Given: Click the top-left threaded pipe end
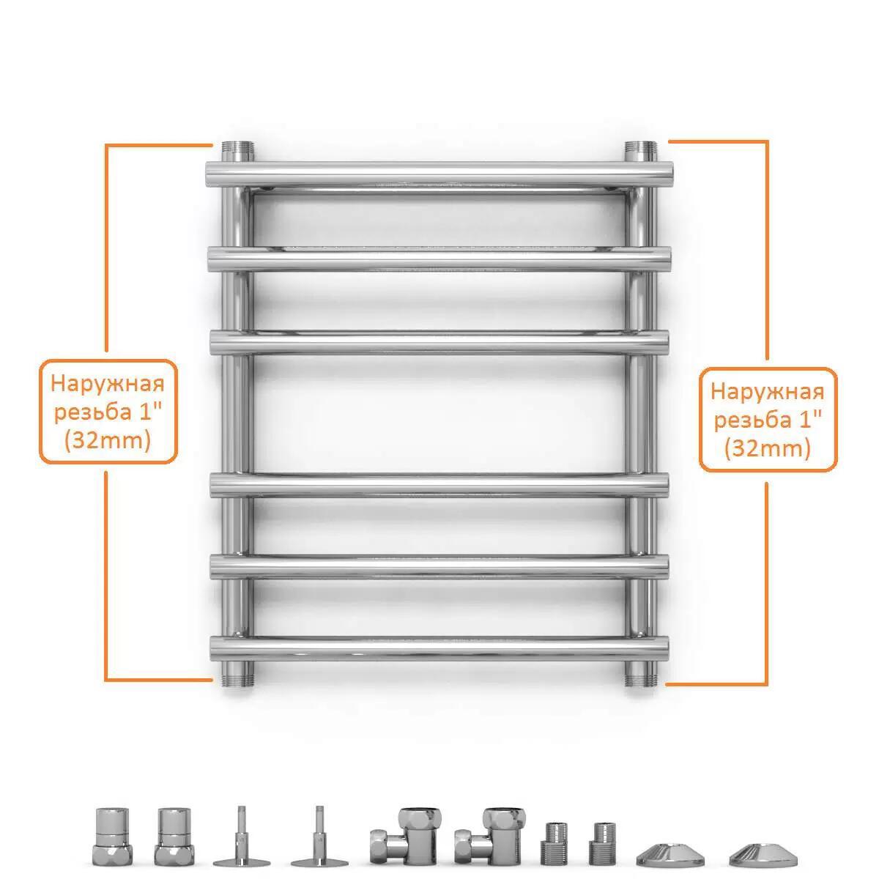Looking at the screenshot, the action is [x=237, y=151].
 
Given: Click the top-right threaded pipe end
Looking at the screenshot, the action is [x=640, y=151].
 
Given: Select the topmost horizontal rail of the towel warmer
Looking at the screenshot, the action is [x=439, y=174].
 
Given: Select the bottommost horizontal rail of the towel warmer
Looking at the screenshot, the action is [x=439, y=649].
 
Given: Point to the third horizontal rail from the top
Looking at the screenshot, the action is [x=439, y=343].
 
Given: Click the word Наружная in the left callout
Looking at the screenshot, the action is [x=107, y=384].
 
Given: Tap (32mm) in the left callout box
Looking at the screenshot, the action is [x=108, y=441].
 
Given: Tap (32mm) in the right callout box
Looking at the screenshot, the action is [x=768, y=449].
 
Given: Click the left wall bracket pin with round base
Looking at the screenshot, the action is [x=242, y=836].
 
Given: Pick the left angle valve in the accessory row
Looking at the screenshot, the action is [x=404, y=836].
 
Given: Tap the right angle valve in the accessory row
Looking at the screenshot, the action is [x=489, y=836].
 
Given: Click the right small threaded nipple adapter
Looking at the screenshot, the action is [x=603, y=843].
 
